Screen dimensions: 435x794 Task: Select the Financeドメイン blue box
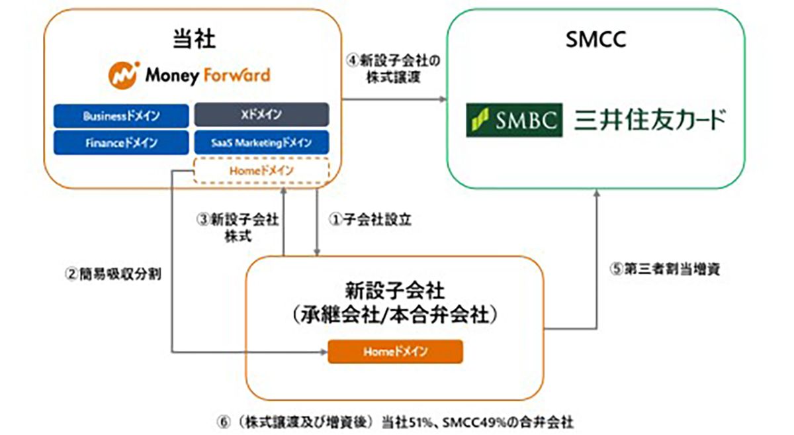tap(121, 142)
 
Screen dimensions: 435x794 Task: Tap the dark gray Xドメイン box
tap(262, 115)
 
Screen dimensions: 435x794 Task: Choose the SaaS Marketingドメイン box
tap(262, 142)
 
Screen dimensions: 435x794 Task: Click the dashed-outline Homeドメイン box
tap(262, 171)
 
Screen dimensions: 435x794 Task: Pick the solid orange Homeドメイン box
tap(395, 352)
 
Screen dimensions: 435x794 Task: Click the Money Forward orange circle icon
tap(123, 75)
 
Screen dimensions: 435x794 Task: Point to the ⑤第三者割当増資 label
tap(662, 270)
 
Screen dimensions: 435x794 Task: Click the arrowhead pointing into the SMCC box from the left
tap(443, 99)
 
